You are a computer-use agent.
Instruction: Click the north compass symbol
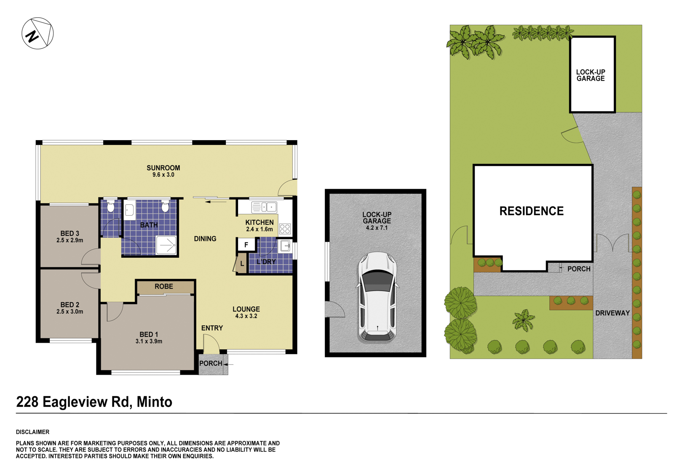tap(37, 33)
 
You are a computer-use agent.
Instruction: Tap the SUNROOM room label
tap(163, 168)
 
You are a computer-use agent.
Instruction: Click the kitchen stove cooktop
tap(285, 229)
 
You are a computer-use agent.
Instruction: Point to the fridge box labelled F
tap(246, 245)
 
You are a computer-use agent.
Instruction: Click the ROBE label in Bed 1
tap(163, 287)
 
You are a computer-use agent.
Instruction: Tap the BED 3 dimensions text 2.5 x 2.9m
tap(70, 240)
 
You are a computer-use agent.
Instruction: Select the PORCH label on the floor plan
tap(210, 363)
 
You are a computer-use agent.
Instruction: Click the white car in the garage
tap(377, 297)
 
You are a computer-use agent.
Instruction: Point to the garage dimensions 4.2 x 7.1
tap(377, 228)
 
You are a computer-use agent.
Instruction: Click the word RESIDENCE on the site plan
tap(531, 211)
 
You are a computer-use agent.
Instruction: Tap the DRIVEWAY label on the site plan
tap(612, 313)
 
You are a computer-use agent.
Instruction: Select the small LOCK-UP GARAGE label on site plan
tap(590, 75)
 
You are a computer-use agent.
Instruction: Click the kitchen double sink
tap(264, 207)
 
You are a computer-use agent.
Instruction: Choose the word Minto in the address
tap(154, 402)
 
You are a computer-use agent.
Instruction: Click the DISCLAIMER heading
tap(32, 432)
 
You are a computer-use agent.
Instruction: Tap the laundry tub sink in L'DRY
tap(285, 246)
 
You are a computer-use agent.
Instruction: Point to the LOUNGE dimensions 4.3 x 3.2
tap(246, 316)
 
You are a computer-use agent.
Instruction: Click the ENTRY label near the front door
tap(212, 328)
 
